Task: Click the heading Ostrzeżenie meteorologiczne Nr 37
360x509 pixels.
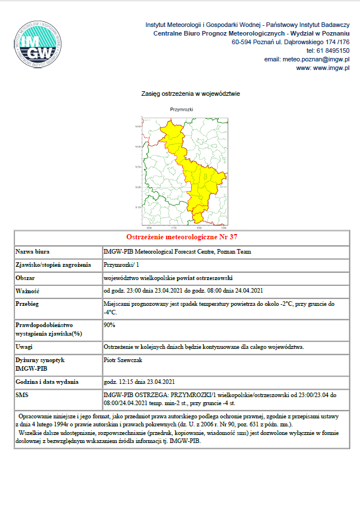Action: point(181,237)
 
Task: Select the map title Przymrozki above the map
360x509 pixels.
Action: point(181,108)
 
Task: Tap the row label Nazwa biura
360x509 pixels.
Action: point(33,251)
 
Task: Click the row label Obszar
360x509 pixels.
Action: point(26,277)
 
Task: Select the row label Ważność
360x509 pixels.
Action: point(28,290)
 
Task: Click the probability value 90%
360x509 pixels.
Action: point(109,325)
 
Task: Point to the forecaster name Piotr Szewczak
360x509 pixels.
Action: point(123,360)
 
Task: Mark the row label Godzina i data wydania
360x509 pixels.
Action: point(48,382)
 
